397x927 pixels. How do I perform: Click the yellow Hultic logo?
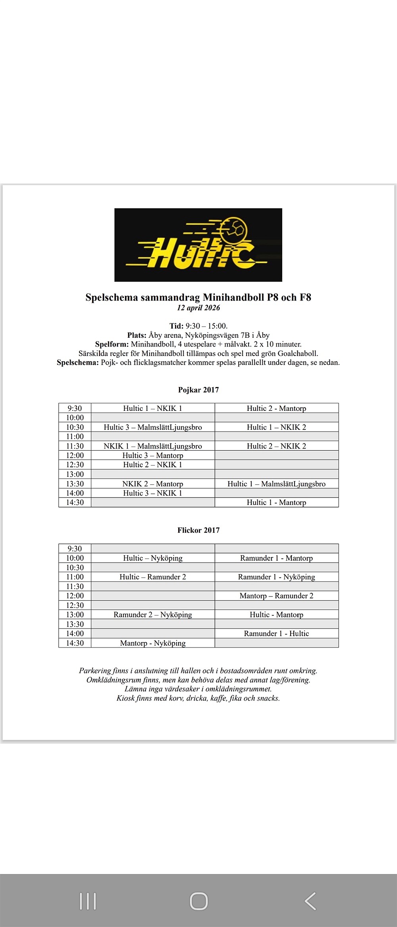point(198,245)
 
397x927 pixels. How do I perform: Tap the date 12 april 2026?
point(198,308)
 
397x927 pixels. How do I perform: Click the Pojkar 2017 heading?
point(198,390)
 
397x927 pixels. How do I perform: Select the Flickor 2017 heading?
point(198,530)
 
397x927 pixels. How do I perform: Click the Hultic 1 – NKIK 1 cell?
point(153,408)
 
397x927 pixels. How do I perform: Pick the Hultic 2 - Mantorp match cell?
point(276,408)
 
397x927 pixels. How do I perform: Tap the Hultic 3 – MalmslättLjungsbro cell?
point(153,427)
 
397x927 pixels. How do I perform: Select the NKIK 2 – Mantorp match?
point(153,484)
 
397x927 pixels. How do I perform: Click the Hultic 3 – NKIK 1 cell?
point(153,493)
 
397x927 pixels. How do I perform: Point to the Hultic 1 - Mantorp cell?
point(276,502)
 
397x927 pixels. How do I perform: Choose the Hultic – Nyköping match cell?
point(153,558)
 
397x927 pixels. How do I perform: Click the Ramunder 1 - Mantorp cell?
point(276,558)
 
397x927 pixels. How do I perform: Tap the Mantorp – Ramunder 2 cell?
point(276,596)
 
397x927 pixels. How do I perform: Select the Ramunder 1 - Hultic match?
point(276,633)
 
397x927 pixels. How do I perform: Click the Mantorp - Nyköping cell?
point(153,643)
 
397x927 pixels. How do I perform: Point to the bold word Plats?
point(137,335)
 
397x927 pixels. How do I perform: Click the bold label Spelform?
point(112,344)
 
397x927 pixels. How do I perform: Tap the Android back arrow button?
point(310,901)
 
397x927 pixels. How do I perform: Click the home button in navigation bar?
point(198,901)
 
